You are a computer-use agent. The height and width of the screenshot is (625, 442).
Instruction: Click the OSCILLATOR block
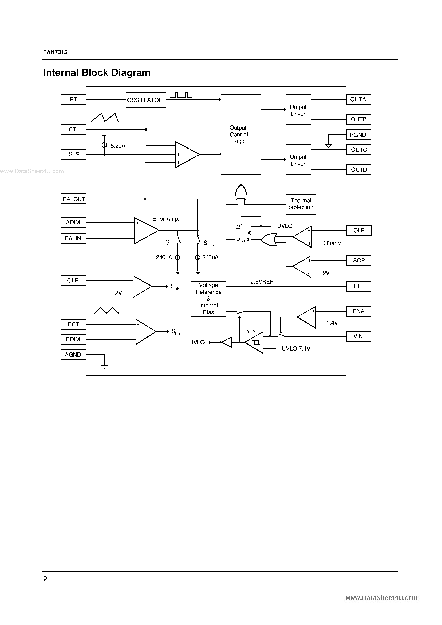146,100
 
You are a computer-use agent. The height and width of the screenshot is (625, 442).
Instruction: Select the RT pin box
73,100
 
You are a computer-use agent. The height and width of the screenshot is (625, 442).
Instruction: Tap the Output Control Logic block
241,134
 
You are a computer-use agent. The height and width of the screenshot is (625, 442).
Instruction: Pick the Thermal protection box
301,204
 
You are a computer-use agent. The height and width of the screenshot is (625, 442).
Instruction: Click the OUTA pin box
358,100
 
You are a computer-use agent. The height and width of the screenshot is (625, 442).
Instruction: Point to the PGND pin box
358,135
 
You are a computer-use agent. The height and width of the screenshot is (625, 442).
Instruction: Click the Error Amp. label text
166,219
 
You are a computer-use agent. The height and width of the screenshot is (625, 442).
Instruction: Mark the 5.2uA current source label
118,146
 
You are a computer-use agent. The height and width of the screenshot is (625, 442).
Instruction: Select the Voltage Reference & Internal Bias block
208,299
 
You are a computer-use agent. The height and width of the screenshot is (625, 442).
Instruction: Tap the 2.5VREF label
262,282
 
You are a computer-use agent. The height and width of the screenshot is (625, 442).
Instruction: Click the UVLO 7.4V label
296,349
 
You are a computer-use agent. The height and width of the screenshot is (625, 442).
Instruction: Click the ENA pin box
358,311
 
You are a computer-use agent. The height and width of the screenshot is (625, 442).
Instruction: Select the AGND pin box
73,355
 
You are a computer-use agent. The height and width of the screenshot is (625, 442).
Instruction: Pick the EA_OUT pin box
73,199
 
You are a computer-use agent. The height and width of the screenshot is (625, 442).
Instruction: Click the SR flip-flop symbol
243,233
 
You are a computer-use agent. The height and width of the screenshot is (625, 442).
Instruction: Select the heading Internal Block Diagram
97,73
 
